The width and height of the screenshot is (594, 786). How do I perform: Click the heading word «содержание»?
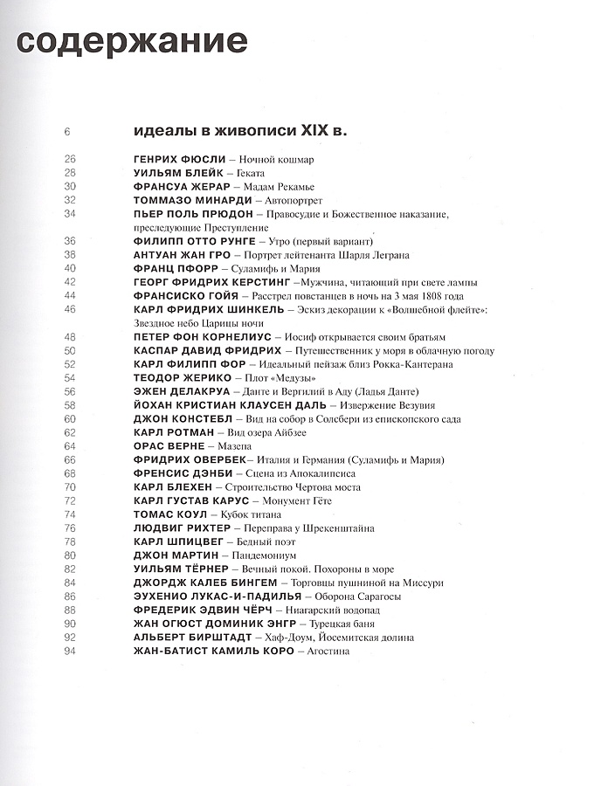[132, 42]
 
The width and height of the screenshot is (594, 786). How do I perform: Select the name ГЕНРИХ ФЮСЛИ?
[178, 160]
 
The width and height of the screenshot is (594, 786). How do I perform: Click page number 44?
[70, 296]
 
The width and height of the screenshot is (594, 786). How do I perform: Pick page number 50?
[70, 350]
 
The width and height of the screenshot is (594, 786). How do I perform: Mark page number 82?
[70, 569]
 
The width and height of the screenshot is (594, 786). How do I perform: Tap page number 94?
[70, 650]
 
